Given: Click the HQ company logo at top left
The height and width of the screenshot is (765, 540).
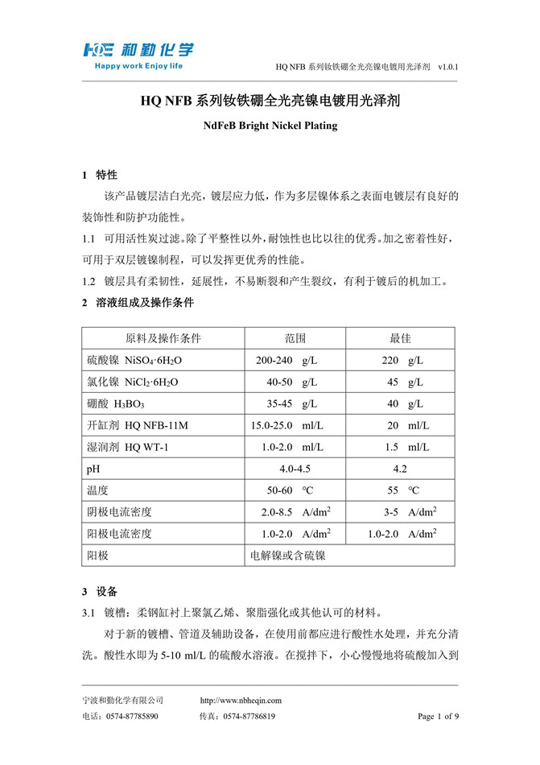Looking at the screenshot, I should point(137,50).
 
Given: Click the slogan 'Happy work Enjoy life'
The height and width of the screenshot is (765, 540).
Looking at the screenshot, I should point(138,66).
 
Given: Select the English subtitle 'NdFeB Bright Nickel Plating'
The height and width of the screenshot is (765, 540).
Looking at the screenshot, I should point(270,126).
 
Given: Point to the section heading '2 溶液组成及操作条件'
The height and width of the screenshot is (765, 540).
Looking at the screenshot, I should point(138,304).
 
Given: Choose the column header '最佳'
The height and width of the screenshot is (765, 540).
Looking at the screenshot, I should point(401,338).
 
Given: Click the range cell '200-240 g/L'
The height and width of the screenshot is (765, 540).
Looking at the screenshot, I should point(286,360).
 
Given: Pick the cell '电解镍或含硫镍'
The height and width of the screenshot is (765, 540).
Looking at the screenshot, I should point(288,556).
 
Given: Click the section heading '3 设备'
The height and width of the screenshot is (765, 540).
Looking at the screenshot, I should point(100,591).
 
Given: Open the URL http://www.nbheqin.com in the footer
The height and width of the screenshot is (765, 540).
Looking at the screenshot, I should point(240,701).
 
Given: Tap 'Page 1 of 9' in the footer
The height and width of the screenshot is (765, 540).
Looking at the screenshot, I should point(438,716).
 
